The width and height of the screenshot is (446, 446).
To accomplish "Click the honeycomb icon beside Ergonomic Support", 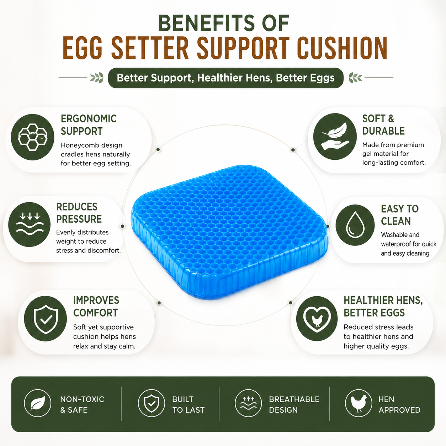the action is pos(33,137).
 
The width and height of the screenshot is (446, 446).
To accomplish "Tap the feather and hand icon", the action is pos(335,137).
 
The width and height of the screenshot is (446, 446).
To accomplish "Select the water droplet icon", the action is pos(355,225).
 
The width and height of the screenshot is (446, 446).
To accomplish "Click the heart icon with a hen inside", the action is pos(317,318).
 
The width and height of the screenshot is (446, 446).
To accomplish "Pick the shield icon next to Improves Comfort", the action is pos(46,319).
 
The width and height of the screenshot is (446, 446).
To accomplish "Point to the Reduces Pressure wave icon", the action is pos(30,224).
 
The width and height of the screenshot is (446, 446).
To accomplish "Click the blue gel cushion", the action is pos(230,232).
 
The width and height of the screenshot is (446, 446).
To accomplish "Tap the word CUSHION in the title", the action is pos(342,48).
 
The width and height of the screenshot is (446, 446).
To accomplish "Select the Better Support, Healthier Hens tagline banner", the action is pos(225,78).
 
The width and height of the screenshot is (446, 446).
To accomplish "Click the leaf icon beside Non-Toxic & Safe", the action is pos(37,403).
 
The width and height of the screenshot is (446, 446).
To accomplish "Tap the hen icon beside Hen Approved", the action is pos(359,403).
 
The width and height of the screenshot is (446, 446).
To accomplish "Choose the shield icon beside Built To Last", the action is pos(152,403).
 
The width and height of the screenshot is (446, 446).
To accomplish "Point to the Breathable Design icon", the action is pos(248,403).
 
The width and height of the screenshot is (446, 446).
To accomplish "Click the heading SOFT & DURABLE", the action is pos(383,125).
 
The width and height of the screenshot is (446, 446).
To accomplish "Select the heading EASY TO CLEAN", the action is pos(400,215).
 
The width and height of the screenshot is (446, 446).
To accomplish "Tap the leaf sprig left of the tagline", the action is pos(97,78).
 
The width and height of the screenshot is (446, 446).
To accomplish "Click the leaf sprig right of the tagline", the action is pos(355,78).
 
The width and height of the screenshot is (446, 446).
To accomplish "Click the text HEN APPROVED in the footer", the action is pos(399,405).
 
